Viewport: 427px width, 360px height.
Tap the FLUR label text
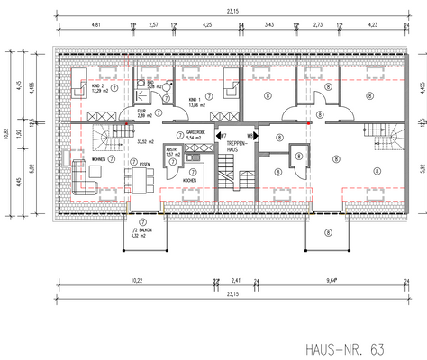tap(141, 112)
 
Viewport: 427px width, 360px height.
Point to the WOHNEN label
tap(98, 160)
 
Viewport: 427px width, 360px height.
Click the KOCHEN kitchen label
tap(191, 180)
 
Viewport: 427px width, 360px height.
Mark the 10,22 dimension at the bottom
tap(135, 280)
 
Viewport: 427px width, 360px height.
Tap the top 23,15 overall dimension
tap(232, 10)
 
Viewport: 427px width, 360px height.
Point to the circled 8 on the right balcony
tap(329, 232)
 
